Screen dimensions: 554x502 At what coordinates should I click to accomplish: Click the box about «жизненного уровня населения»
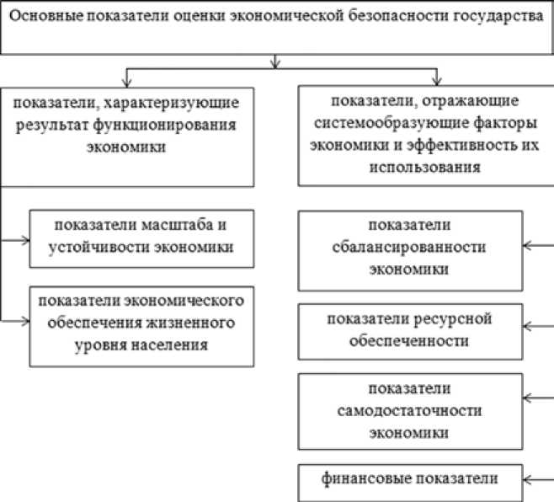[x=141, y=323]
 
